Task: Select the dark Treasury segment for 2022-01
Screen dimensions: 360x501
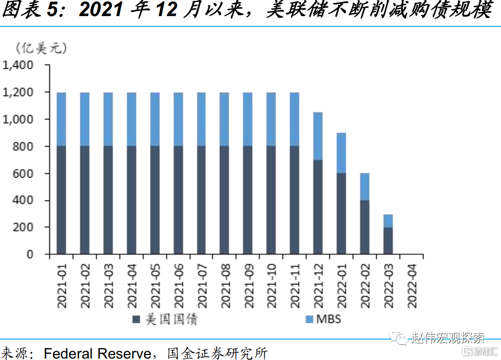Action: (x=341, y=214)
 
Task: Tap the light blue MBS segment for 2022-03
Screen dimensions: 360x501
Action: (x=388, y=221)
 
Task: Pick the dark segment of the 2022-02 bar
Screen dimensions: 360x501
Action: (x=365, y=227)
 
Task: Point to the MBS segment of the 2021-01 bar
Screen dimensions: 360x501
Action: (x=61, y=119)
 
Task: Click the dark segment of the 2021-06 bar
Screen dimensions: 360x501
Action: (x=179, y=200)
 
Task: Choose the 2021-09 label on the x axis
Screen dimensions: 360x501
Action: (x=248, y=285)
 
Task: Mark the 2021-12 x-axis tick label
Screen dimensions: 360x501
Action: (x=319, y=285)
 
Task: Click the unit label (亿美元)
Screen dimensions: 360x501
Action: (x=41, y=48)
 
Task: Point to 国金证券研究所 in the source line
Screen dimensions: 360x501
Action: (x=218, y=352)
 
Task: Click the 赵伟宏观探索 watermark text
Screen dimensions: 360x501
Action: (x=448, y=338)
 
